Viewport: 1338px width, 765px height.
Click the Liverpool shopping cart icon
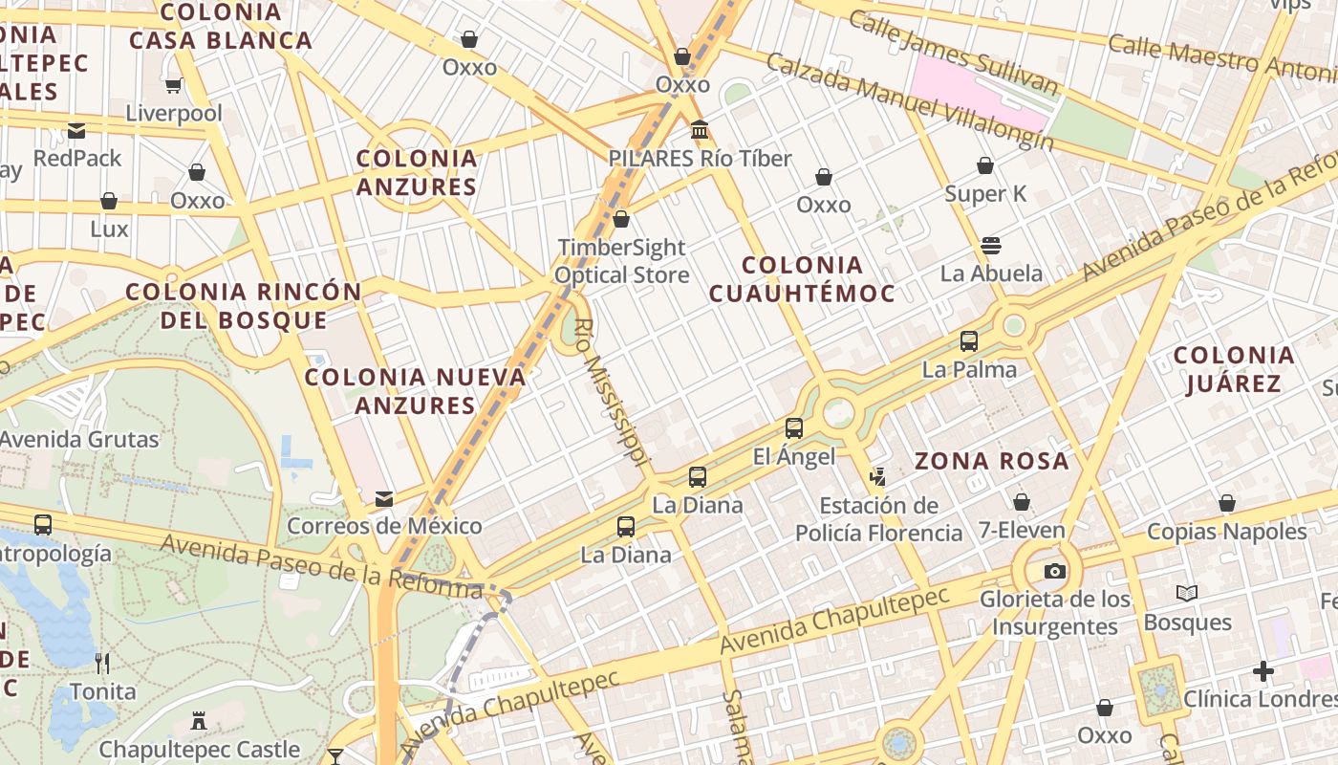(174, 86)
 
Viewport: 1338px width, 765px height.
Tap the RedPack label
(77, 158)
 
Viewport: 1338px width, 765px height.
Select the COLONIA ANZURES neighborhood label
(417, 172)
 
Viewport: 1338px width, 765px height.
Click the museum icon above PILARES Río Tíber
(700, 129)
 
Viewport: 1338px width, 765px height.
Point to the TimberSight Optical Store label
(622, 261)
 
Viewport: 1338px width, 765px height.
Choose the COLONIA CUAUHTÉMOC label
(803, 278)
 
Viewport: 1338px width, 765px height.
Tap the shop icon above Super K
(985, 166)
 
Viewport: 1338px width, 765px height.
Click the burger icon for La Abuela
(991, 246)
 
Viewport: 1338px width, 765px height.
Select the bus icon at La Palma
(969, 341)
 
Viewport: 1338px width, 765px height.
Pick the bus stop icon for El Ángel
(794, 428)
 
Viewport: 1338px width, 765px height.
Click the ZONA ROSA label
(991, 461)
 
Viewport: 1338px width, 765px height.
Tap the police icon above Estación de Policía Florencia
(877, 476)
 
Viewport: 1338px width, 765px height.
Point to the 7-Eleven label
(1022, 530)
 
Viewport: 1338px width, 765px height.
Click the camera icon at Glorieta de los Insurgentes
(1054, 571)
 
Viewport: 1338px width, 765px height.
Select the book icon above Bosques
(1187, 594)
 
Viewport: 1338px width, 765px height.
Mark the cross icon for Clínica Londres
(1263, 671)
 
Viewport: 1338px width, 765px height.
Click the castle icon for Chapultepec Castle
(200, 721)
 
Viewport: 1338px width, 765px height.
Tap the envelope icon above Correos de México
(384, 498)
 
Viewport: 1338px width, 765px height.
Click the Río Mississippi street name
(608, 392)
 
